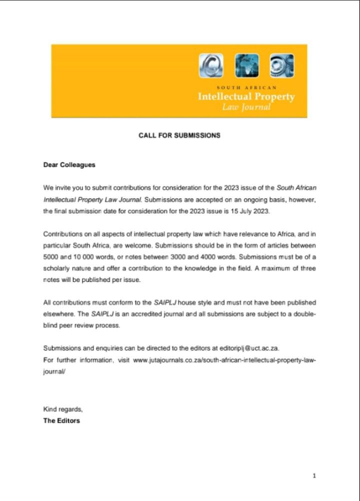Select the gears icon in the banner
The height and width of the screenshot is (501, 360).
[x=282, y=65]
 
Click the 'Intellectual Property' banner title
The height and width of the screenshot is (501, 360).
[x=246, y=96]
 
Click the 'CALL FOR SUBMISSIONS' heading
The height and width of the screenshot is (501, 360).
[x=179, y=135]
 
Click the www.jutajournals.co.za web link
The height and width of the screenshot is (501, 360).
[x=224, y=360]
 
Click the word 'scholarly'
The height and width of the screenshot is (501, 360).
[x=58, y=268]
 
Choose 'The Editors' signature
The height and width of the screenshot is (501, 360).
[x=61, y=420]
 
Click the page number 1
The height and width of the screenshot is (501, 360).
[x=314, y=476]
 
